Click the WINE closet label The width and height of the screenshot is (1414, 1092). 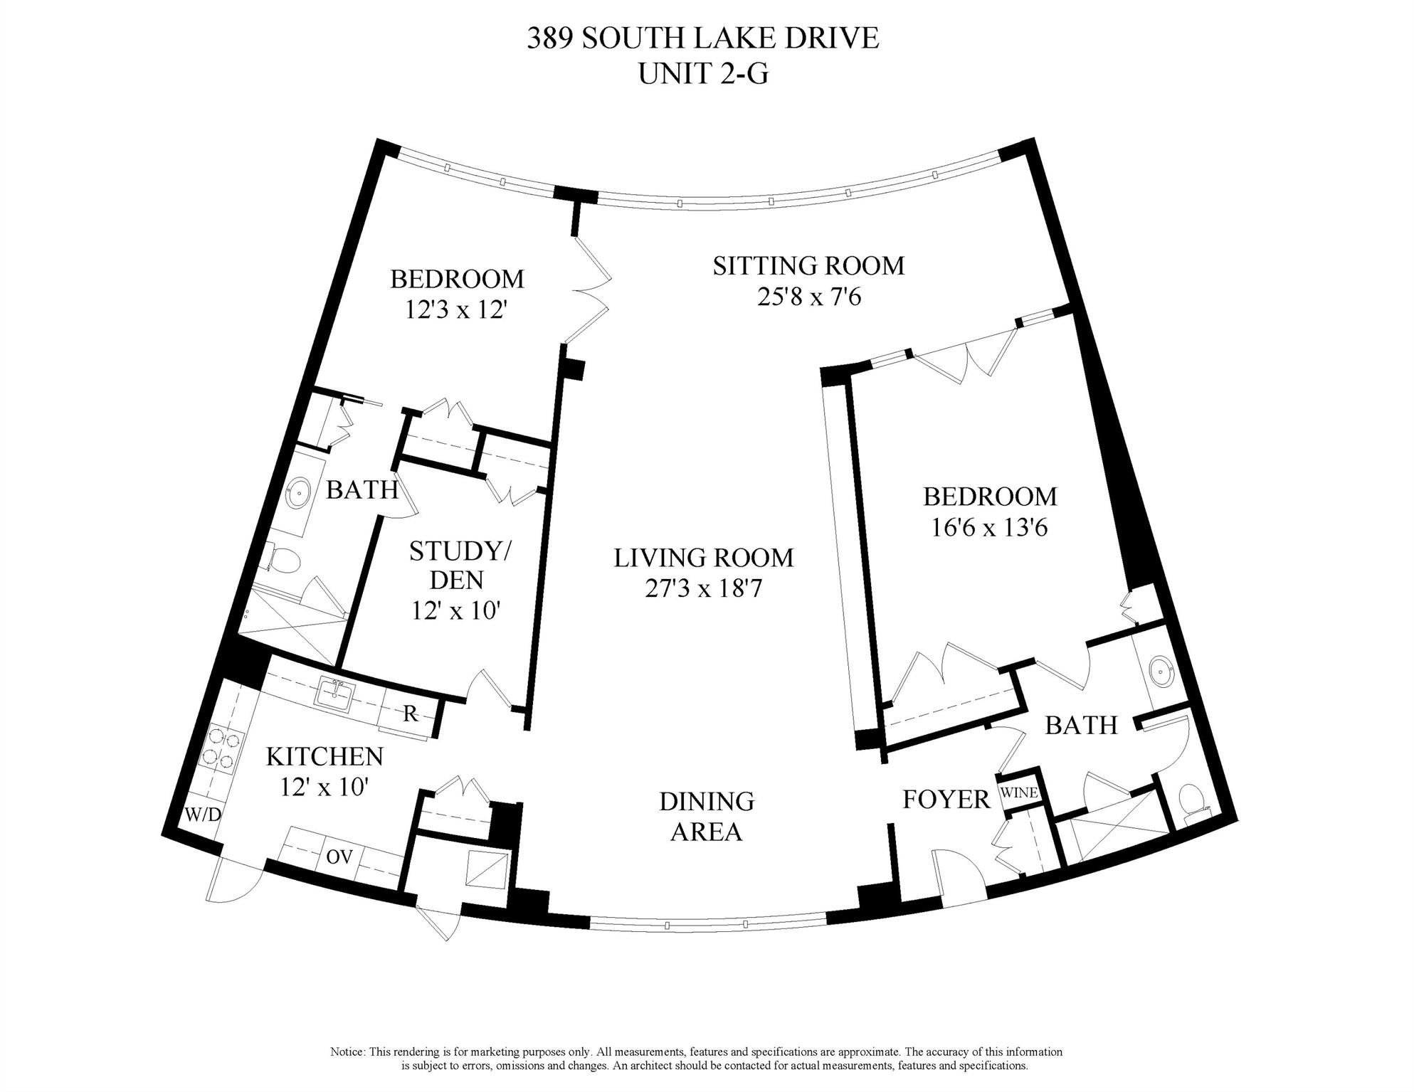click(1019, 793)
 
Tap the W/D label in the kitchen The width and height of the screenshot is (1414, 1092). click(204, 815)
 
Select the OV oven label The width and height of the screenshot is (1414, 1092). click(339, 857)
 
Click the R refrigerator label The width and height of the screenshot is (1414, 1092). click(411, 714)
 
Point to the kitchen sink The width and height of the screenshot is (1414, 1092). click(333, 693)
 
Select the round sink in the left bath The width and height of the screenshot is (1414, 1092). click(298, 492)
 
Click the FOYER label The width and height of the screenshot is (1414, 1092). click(946, 800)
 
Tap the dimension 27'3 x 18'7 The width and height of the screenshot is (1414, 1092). click(703, 589)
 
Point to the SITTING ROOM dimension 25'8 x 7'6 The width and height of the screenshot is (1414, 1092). click(808, 297)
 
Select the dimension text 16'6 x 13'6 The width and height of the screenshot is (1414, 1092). click(989, 528)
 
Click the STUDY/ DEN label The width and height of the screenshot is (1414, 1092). click(457, 566)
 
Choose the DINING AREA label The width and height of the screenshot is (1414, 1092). click(706, 816)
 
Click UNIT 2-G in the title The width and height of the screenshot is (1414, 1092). click(703, 73)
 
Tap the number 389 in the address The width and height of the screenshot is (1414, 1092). click(549, 38)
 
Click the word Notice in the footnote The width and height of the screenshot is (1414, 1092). click(347, 1051)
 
